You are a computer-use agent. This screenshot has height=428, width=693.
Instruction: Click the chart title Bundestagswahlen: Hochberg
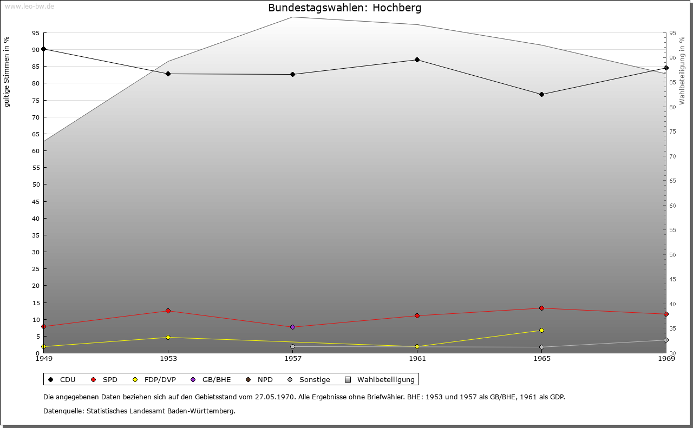pos(344,8)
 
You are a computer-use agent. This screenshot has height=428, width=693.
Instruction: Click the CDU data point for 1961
pos(417,60)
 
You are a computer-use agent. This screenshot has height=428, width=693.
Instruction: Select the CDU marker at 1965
pos(541,94)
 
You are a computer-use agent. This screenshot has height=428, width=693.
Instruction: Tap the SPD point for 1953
pos(168,311)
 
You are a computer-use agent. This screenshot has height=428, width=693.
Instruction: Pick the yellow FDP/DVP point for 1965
pos(541,330)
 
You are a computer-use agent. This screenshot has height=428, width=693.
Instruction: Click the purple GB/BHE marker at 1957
pos(292,327)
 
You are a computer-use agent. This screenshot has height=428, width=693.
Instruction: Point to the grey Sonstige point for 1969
pos(666,340)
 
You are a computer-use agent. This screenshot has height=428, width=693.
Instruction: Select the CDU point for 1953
pos(168,74)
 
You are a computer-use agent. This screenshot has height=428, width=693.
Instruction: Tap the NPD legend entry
pos(259,379)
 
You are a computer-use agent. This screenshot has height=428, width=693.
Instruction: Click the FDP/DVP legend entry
pos(154,379)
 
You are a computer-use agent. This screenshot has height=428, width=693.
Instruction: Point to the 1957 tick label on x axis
pos(292,358)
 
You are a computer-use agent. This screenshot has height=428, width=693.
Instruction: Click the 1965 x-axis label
pos(541,358)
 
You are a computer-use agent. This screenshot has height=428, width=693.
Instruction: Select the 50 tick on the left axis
pos(36,185)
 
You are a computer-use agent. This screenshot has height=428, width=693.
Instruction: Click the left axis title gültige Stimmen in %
pos(7,71)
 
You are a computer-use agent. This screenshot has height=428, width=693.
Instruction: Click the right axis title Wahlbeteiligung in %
pos(682,70)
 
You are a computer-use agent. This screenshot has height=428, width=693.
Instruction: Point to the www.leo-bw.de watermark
pos(29,6)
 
